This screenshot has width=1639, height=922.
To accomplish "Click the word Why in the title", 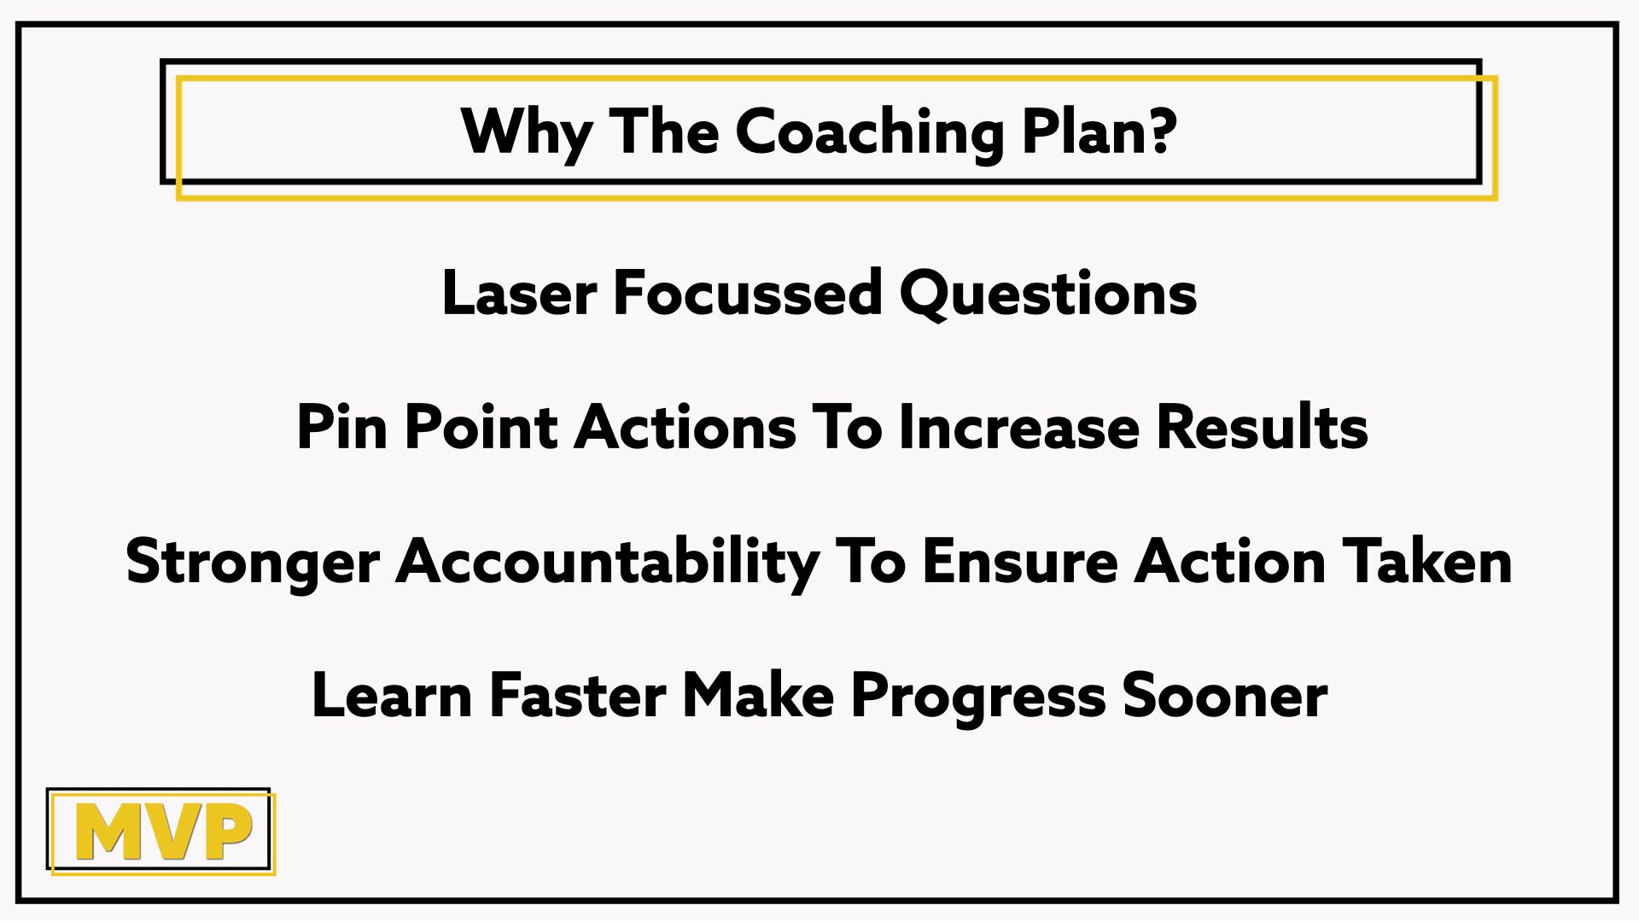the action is tap(527, 133).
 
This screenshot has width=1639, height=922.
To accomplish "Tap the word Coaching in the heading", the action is tap(869, 133).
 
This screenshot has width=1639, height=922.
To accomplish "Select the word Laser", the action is tap(519, 293).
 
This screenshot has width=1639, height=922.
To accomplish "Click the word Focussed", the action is tap(747, 293).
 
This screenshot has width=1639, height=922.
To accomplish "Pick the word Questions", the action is tap(1048, 294).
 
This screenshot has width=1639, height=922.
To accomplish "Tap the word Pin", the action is tap(341, 427).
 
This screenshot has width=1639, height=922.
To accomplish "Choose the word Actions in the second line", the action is tap(685, 427).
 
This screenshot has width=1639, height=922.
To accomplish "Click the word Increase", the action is tap(1019, 427).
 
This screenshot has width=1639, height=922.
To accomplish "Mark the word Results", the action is tap(1263, 427).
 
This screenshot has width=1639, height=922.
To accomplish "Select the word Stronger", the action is tap(253, 563).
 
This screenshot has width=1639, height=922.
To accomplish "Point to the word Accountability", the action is tap(608, 563).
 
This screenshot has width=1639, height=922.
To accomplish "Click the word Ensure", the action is tap(1020, 562).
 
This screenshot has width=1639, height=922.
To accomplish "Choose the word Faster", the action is tap(578, 696).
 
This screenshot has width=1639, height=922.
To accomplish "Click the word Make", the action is tap(758, 695).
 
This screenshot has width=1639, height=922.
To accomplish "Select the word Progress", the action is tap(978, 698).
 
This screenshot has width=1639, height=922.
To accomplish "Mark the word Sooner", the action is tap(1225, 696).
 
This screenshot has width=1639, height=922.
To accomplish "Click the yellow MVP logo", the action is tap(163, 832).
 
